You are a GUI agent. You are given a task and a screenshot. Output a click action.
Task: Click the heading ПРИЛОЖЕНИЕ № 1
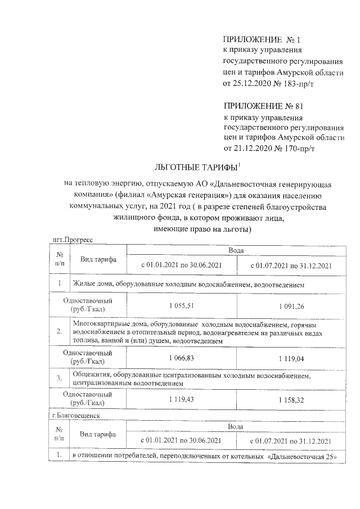pos(262,40)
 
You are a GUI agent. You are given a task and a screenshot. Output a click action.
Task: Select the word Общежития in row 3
pos(91,374)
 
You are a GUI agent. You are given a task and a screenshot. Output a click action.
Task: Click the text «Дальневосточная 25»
pos(303,454)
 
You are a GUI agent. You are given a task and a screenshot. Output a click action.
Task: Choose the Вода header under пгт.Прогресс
pos(236,250)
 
